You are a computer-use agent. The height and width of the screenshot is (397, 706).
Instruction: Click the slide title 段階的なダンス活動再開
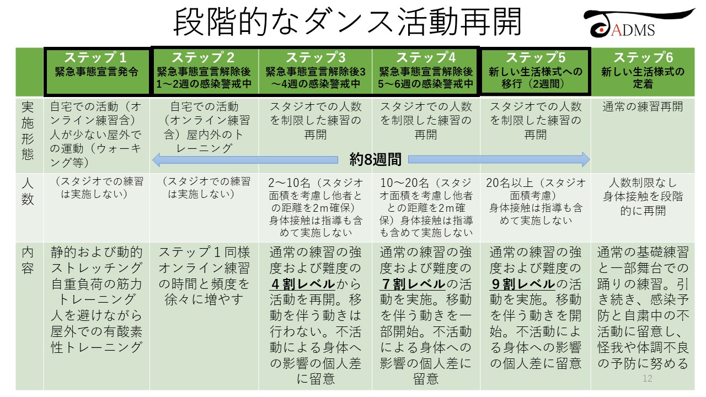[347, 22]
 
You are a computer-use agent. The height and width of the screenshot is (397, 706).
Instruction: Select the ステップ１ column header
[97, 72]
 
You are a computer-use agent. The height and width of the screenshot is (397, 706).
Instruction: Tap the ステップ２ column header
[204, 72]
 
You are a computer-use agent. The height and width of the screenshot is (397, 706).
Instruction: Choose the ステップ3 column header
[315, 72]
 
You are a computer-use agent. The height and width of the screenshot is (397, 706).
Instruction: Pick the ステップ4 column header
[425, 72]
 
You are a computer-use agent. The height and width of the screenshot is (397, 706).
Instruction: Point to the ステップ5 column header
[535, 72]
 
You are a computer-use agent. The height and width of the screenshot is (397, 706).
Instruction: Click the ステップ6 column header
[643, 72]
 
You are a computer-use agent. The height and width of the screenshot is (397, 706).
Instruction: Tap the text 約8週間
[375, 159]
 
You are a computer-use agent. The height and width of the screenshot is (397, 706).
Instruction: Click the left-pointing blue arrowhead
[158, 160]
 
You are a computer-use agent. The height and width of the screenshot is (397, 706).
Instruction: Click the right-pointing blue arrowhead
[585, 160]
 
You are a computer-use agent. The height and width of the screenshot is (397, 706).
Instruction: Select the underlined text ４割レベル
[303, 284]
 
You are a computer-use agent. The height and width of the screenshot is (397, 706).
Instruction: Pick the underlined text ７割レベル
[413, 284]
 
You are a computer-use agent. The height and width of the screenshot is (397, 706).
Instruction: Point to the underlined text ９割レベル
[522, 284]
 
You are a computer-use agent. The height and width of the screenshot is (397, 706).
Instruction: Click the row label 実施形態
[28, 131]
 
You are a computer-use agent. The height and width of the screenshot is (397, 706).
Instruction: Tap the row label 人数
[28, 191]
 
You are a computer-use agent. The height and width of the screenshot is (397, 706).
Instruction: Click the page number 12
[648, 378]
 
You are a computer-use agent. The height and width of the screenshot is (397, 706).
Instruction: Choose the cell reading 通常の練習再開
[643, 107]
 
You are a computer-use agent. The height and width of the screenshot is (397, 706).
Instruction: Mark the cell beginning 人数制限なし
[643, 197]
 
